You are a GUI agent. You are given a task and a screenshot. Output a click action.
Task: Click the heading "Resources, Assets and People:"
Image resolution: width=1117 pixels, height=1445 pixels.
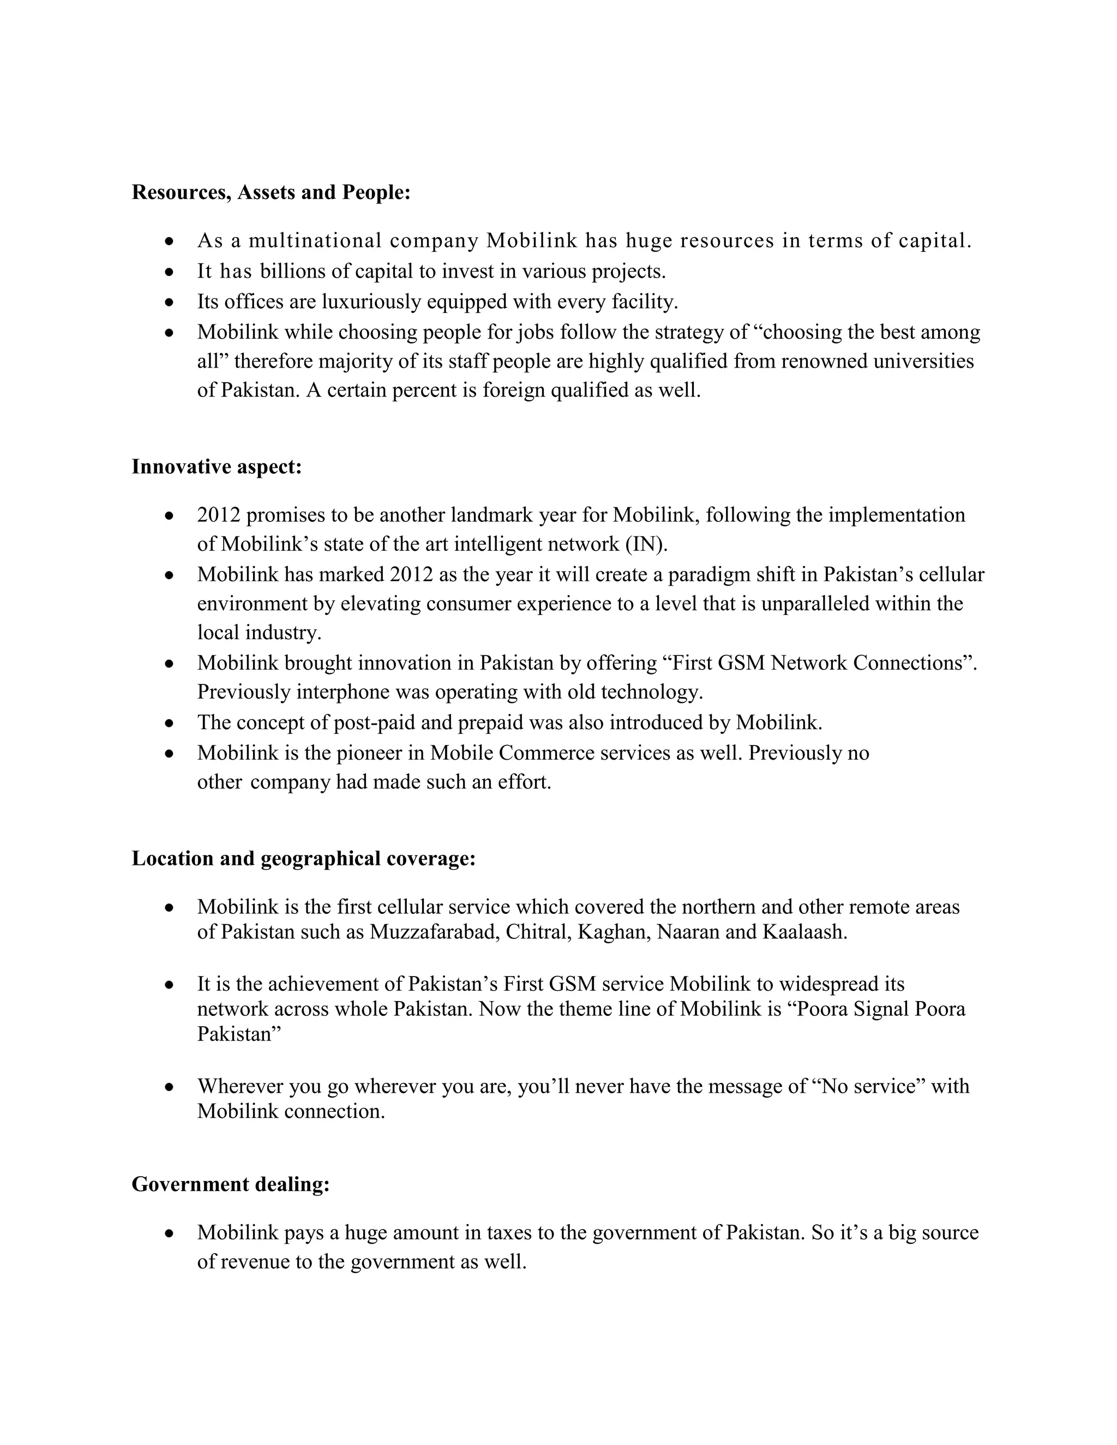coord(271,192)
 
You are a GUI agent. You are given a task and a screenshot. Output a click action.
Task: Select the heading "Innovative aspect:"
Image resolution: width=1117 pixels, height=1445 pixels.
coord(217,467)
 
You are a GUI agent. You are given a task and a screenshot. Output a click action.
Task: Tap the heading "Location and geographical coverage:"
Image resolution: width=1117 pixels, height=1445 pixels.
coord(304,859)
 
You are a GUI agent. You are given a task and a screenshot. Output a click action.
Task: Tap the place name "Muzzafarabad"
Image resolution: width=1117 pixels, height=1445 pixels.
coord(434,932)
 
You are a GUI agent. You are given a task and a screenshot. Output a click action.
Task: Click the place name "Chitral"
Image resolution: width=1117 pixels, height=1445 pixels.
coord(539,932)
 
